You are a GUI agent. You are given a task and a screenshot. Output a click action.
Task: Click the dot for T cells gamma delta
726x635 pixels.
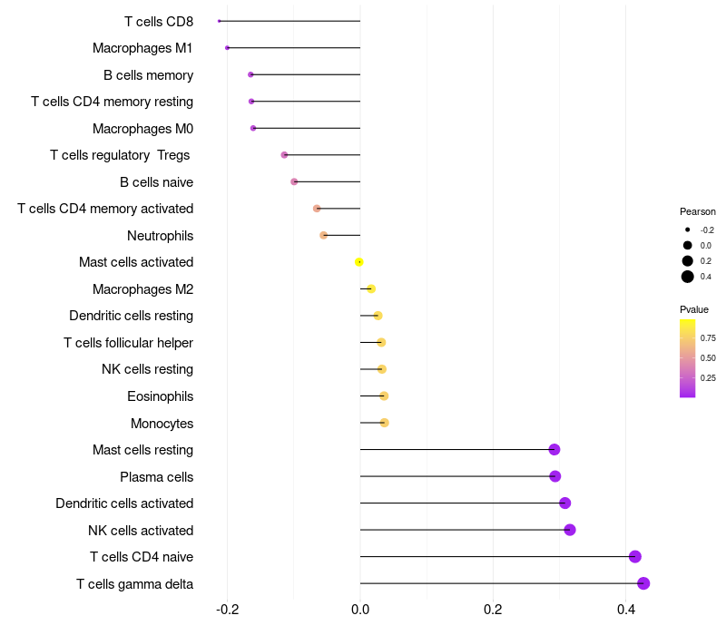point(643,583)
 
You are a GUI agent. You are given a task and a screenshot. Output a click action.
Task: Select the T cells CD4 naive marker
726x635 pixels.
point(635,557)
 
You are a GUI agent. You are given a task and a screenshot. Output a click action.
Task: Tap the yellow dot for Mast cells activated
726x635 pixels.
point(359,262)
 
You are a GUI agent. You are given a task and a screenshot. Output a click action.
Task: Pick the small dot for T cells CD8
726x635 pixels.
point(220,21)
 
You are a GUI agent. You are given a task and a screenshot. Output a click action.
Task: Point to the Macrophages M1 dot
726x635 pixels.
point(227,47)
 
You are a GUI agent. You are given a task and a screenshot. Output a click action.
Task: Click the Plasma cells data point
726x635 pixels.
point(554,476)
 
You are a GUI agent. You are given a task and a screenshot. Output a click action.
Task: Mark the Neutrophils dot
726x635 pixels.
point(324,235)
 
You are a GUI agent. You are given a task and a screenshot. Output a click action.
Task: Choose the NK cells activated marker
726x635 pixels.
point(570,530)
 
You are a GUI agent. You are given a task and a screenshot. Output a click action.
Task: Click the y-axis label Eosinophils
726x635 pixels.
point(160,396)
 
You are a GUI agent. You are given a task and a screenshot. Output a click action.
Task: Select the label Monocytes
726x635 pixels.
point(162,424)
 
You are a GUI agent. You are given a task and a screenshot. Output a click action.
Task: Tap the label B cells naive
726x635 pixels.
point(156,182)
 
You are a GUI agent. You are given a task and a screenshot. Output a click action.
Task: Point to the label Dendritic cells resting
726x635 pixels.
point(131,316)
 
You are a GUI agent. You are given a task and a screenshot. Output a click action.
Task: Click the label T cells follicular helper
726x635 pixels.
point(128,343)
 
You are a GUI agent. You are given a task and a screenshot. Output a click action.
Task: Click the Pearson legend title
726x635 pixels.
point(697,211)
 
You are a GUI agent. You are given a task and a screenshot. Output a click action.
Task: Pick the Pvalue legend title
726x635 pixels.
point(694,309)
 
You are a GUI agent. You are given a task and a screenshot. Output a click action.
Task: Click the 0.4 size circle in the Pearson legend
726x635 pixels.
point(688,277)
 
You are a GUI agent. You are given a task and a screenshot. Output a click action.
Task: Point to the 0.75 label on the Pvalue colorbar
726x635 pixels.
point(708,337)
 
